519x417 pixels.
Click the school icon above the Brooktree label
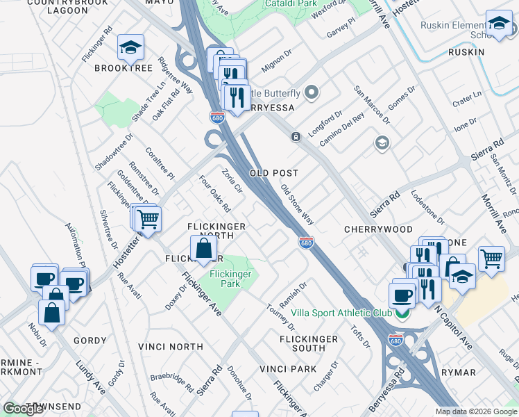click(130, 47)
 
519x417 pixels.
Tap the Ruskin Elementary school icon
click(499, 24)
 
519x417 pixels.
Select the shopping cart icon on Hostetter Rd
click(148, 219)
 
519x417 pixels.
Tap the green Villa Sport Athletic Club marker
click(402, 313)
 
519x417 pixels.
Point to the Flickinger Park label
click(230, 278)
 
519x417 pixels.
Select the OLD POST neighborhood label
click(274, 173)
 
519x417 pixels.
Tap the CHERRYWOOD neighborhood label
click(378, 229)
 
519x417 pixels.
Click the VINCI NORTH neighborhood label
click(170, 346)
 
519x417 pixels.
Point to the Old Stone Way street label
click(298, 204)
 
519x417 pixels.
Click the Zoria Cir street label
click(232, 180)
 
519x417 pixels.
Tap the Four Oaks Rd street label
click(214, 194)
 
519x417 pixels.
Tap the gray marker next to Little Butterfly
click(312, 92)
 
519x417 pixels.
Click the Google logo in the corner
click(23, 409)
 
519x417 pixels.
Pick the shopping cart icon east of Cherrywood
click(491, 259)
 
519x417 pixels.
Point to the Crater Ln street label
click(467, 98)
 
